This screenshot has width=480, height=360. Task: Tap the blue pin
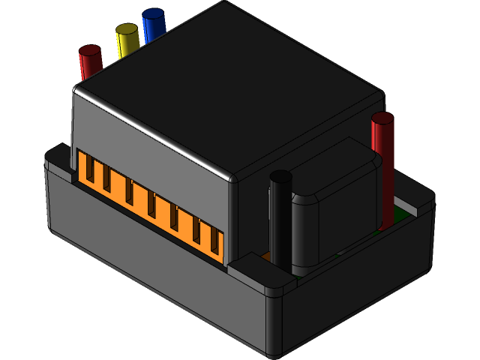154,25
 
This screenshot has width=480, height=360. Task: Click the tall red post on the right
382,169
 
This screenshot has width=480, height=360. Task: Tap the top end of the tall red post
382,118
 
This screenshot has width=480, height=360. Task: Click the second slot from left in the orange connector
108,182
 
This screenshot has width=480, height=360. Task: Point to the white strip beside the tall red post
407,204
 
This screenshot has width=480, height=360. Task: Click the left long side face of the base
150,262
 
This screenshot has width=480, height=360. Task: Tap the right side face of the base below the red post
360,285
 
